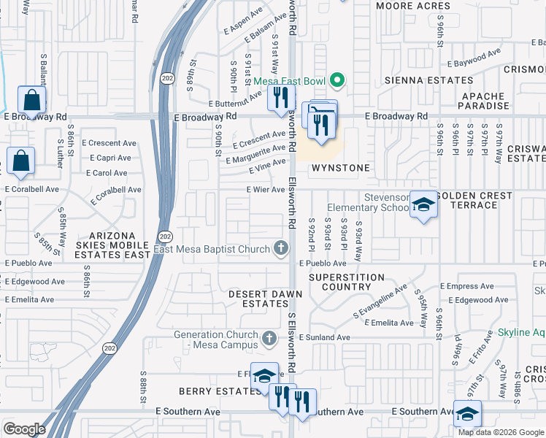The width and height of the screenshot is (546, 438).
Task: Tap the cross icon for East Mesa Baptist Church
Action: coord(280,250)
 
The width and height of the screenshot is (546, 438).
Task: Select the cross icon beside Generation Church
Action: coord(269,339)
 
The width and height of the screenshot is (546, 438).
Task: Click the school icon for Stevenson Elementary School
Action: coord(423,204)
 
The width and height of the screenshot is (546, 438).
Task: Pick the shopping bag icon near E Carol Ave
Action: coord(21,161)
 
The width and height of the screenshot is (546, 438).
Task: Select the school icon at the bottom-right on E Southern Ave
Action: coord(467,415)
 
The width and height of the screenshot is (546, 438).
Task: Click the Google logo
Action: coord(25,429)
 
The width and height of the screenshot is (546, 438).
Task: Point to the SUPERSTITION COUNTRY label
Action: coord(346,283)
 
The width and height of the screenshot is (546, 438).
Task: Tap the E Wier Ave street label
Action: coord(266,190)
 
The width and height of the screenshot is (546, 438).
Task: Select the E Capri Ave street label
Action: coord(110,158)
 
